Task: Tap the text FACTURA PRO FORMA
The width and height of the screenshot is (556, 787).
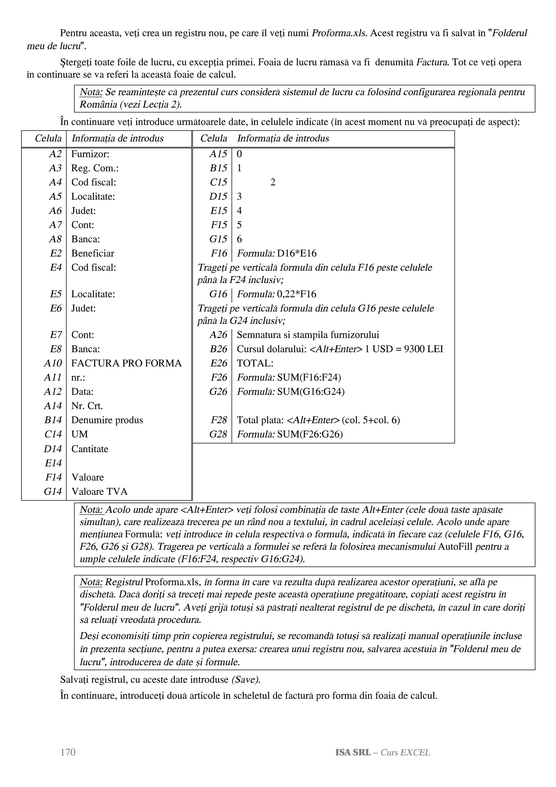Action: [x=127, y=363]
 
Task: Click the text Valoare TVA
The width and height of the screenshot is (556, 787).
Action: [x=99, y=492]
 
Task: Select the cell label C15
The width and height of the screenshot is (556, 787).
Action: [x=219, y=182]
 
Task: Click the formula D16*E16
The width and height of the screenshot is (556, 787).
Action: [x=297, y=254]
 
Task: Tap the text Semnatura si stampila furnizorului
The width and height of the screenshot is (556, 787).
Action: [x=308, y=335]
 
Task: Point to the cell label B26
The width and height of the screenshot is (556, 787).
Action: [x=219, y=349]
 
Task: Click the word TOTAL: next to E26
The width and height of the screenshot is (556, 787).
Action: [x=255, y=363]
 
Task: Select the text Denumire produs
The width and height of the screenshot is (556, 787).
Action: [x=107, y=420]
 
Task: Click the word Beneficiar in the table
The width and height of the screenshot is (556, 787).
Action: [x=93, y=254]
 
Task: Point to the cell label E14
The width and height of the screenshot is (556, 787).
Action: [x=53, y=463]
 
